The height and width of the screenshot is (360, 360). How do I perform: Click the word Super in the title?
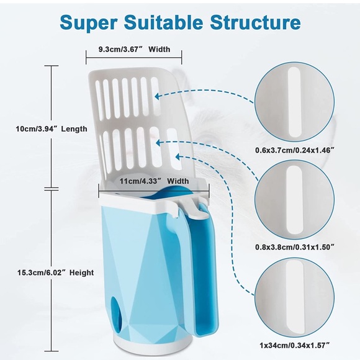click(88, 22)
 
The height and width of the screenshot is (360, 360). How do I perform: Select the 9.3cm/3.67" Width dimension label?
click(134, 49)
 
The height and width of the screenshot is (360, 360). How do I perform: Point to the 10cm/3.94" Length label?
click(52, 128)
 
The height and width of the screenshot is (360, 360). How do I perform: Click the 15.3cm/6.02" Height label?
click(56, 272)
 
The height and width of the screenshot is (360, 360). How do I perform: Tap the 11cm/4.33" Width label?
click(154, 181)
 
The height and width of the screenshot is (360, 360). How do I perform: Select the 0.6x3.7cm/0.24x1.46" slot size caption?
click(294, 150)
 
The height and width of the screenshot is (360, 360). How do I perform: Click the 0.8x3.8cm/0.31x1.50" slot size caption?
click(294, 247)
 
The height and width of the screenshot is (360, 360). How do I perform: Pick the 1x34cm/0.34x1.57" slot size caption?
click(295, 345)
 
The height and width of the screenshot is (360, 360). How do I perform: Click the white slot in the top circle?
click(294, 102)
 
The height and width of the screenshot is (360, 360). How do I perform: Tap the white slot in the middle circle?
click(294, 199)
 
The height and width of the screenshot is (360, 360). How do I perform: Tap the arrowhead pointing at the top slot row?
click(158, 96)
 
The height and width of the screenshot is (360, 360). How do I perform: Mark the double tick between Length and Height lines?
click(52, 189)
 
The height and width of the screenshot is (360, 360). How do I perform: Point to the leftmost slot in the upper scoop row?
click(99, 97)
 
